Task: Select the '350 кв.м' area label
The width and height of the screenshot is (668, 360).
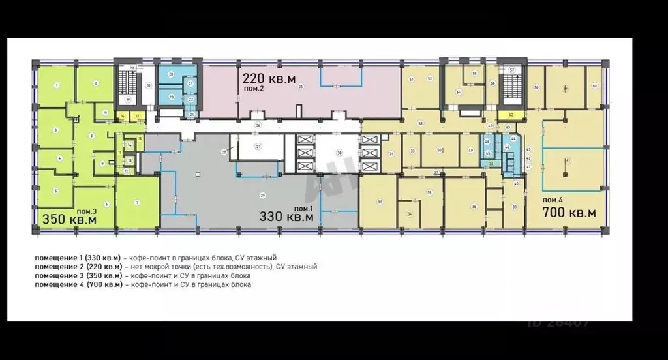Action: coord(70,220)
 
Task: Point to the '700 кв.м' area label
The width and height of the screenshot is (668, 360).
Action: coord(569,213)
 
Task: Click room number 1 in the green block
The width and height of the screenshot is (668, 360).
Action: coord(57,85)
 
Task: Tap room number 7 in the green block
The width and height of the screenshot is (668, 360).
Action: coord(137,203)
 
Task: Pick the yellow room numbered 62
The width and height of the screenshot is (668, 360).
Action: coord(511,115)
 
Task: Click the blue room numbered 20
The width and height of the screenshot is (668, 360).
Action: coord(170,74)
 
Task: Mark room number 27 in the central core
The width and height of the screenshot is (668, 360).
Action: coord(258,147)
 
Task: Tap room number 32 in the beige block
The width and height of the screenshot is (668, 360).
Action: coord(379,202)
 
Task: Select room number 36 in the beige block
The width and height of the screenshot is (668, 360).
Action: coord(474,207)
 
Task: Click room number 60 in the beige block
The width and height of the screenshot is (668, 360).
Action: coord(594,86)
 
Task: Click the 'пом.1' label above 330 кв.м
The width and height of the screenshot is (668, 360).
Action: coord(316,207)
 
